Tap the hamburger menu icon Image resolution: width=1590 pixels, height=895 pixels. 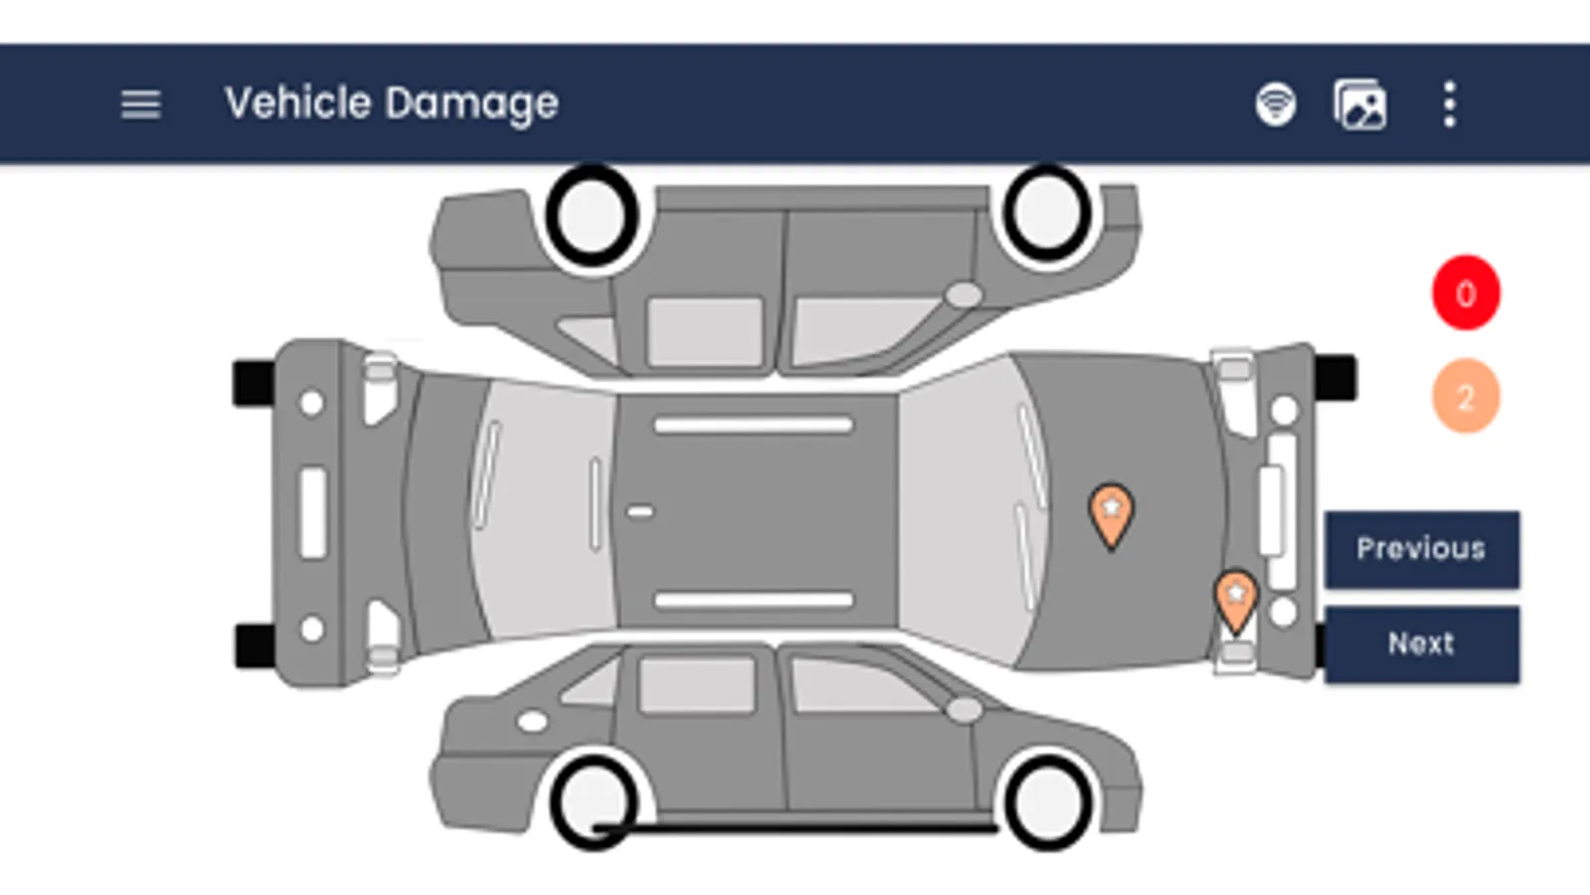[x=140, y=105]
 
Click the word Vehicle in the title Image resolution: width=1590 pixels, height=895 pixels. [x=298, y=102]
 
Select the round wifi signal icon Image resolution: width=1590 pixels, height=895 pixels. [x=1276, y=104]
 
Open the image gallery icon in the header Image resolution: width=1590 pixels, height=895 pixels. [x=1360, y=105]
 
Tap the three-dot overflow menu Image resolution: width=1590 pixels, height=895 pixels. [x=1450, y=104]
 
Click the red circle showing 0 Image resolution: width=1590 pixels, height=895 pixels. [x=1466, y=292]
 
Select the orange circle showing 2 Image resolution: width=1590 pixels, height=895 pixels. [x=1466, y=396]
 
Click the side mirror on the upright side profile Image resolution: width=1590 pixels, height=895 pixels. [x=964, y=709]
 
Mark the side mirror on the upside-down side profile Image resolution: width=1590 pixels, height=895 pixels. [x=964, y=294]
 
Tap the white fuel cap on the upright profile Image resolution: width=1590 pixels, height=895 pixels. [x=532, y=723]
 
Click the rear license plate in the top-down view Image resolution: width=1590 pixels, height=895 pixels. [x=313, y=512]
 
